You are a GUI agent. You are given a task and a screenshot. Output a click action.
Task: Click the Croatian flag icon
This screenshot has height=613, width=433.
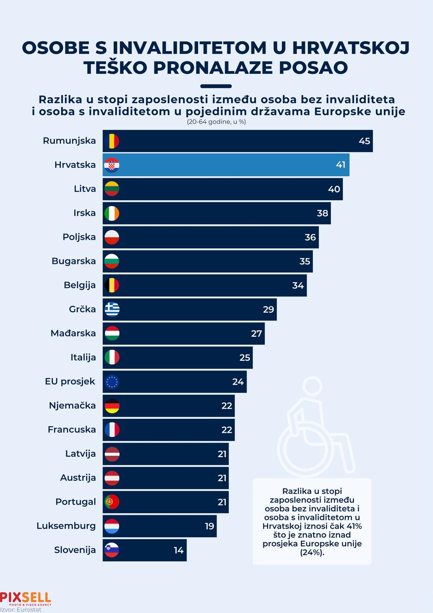[x=112, y=165]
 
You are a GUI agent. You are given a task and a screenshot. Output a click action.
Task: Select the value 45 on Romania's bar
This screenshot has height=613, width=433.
[x=364, y=141]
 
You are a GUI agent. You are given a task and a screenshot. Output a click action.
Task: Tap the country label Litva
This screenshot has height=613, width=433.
[x=85, y=189]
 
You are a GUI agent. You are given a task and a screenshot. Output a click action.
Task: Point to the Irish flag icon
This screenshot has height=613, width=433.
[x=112, y=213]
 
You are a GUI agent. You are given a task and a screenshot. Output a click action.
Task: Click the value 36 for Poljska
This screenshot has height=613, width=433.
[x=310, y=237]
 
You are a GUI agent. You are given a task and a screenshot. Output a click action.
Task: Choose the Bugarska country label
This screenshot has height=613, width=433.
[x=74, y=261]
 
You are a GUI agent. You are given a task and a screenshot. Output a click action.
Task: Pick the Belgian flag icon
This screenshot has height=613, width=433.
[x=112, y=285]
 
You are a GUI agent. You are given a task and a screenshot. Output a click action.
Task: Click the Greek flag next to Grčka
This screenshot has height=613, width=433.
[x=112, y=309]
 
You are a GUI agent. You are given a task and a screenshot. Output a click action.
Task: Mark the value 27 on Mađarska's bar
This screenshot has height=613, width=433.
[x=257, y=333]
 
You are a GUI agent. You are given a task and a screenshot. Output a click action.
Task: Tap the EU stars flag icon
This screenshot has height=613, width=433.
[x=112, y=381]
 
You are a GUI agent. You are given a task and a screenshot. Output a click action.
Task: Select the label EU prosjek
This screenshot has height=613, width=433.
[x=70, y=381]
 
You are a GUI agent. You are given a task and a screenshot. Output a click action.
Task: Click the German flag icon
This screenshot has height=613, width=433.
[x=112, y=405]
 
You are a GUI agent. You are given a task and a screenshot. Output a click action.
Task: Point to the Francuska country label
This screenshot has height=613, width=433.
[x=72, y=429]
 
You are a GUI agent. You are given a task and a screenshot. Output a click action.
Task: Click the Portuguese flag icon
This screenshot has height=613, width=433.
[x=112, y=502]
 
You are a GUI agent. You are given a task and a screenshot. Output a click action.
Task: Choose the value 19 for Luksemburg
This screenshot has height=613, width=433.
[x=210, y=526]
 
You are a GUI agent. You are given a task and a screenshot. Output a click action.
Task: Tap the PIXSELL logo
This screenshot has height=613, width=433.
[x=26, y=598]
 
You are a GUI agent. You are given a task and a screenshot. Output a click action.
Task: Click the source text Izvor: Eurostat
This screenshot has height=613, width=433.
[x=21, y=609]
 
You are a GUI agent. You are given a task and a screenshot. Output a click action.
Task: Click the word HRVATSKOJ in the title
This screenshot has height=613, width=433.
[x=351, y=48]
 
